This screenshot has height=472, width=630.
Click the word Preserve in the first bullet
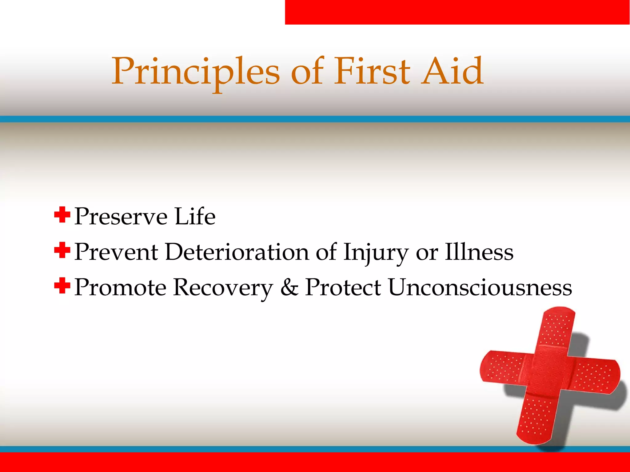click(x=121, y=217)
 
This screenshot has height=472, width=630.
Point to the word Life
click(x=195, y=217)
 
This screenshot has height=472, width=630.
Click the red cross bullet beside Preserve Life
click(x=62, y=215)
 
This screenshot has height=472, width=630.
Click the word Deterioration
click(x=237, y=252)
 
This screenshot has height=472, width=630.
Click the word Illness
click(x=479, y=252)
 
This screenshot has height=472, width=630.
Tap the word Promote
click(x=120, y=287)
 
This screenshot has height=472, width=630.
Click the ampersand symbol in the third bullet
click(x=289, y=287)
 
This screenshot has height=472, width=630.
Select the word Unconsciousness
click(x=480, y=287)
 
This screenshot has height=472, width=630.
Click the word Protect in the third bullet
click(x=343, y=287)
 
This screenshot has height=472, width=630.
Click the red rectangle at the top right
click(x=457, y=12)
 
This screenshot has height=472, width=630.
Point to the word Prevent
click(x=116, y=252)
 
